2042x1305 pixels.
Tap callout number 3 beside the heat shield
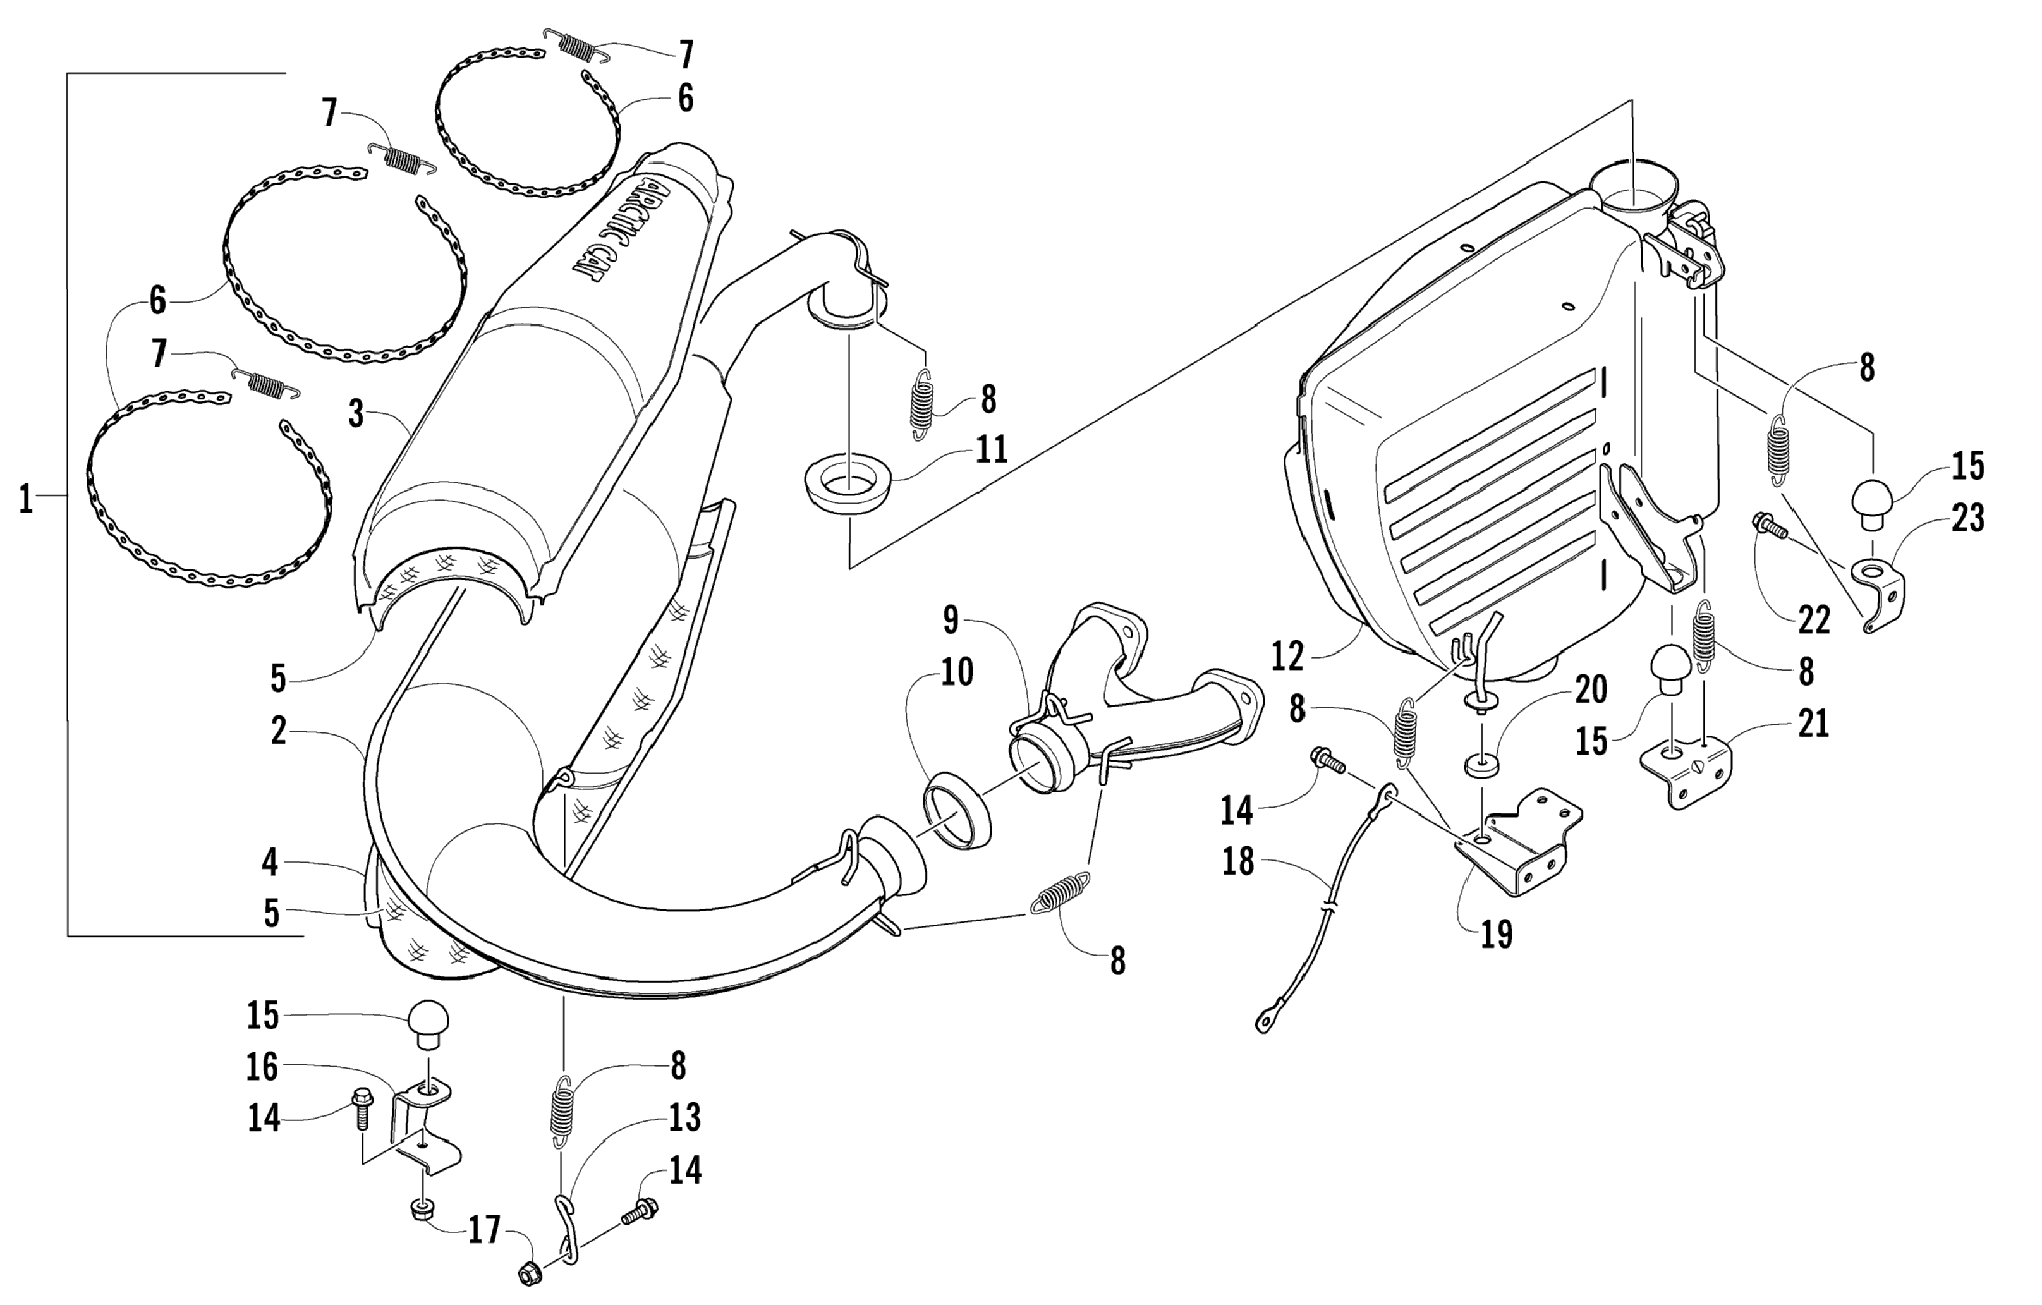pyautogui.click(x=356, y=415)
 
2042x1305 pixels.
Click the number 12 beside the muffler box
pyautogui.click(x=1287, y=655)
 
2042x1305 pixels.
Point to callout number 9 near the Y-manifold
pyautogui.click(x=951, y=620)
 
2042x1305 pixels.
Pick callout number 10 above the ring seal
pyautogui.click(x=957, y=672)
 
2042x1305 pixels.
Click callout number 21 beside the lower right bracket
pyautogui.click(x=1814, y=724)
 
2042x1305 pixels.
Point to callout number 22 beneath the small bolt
pyautogui.click(x=1814, y=620)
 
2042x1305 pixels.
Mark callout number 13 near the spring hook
pyautogui.click(x=684, y=1117)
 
